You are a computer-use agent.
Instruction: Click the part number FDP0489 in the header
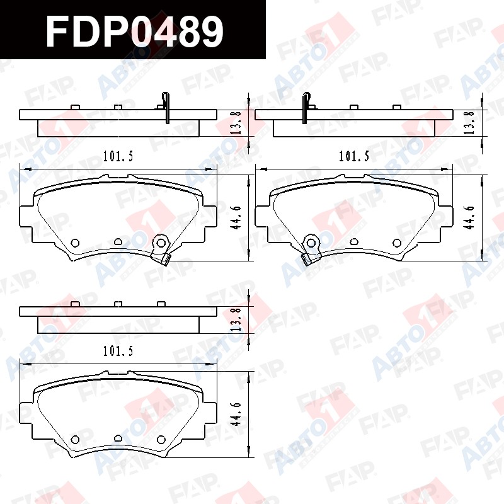pos(135,30)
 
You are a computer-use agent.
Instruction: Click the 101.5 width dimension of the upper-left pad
pos(118,156)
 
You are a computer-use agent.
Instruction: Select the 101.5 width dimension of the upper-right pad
pos(354,156)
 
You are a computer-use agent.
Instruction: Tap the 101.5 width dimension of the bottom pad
pos(118,351)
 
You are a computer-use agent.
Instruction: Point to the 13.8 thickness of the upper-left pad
pos(237,123)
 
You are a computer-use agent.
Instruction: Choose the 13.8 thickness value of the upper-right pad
pos(471,123)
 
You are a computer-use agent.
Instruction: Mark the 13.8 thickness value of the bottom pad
pos(237,320)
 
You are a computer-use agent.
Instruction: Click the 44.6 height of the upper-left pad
pos(237,217)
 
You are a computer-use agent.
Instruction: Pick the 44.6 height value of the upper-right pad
pos(471,217)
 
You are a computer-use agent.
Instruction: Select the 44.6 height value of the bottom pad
pos(237,415)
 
